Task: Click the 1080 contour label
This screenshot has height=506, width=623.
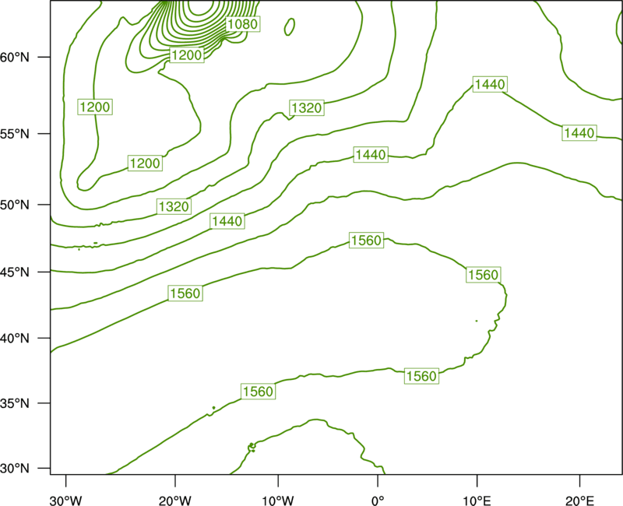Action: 243,24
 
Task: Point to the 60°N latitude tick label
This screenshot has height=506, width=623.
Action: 15,58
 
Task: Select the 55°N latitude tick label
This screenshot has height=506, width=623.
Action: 15,134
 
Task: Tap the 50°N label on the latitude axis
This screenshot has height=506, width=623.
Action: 15,205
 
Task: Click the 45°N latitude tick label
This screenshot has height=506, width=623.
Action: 15,272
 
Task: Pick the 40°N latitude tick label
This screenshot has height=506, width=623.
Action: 15,339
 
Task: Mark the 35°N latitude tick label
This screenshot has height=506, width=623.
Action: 15,403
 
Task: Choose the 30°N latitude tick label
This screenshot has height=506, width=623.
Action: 15,469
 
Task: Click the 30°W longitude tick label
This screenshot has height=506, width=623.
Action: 66,501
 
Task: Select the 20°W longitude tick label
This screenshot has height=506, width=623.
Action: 174,501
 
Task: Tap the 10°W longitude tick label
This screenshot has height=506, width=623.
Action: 278,501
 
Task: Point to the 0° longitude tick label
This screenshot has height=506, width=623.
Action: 378,501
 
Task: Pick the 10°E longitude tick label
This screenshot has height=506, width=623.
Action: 477,501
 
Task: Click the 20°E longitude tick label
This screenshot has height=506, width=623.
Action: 579,501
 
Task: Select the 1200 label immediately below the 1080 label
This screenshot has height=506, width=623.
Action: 187,54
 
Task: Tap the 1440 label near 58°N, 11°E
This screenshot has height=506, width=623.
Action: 490,84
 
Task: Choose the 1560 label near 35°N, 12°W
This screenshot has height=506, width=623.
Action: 259,392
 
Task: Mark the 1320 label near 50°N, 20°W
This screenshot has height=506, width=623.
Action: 174,206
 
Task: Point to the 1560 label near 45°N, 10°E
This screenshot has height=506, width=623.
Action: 483,275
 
